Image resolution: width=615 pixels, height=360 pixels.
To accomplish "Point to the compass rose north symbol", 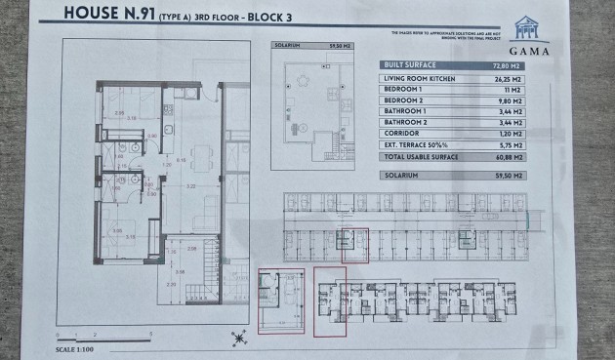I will click(x=237, y=339).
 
